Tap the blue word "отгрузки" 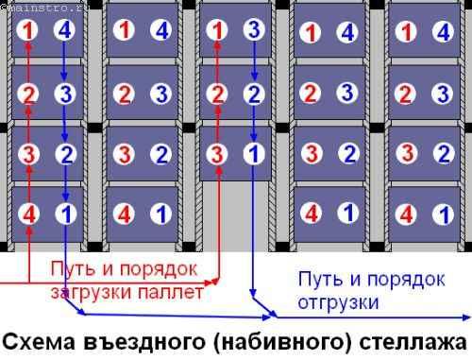tap(338, 303)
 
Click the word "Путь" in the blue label tap(316, 280)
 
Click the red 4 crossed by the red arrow tap(29, 214)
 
